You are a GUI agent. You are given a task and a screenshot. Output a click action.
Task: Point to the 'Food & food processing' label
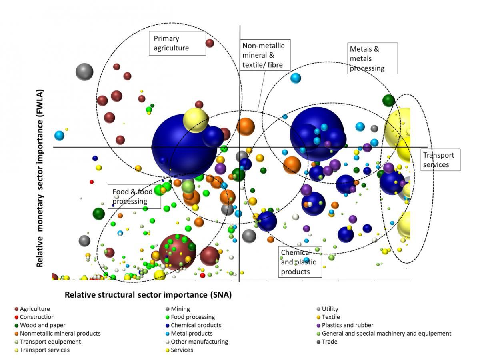pos(134,196)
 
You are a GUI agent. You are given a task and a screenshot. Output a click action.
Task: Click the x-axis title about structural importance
pos(148,295)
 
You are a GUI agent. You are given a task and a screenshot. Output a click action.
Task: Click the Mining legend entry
pos(180,309)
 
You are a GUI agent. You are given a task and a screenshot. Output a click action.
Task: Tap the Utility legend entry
pos(330,309)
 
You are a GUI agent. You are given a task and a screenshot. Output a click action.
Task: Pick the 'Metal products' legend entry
pos(191,334)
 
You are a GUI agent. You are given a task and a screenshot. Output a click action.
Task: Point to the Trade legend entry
pos(329,342)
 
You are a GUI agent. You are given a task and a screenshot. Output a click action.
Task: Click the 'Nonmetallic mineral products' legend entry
pos(60,334)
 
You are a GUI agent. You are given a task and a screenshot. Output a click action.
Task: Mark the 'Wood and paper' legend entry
pos(42,325)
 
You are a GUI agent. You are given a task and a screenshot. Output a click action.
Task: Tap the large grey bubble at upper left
pos(84,72)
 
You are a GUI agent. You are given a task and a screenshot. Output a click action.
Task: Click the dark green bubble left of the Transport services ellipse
pos(388,100)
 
